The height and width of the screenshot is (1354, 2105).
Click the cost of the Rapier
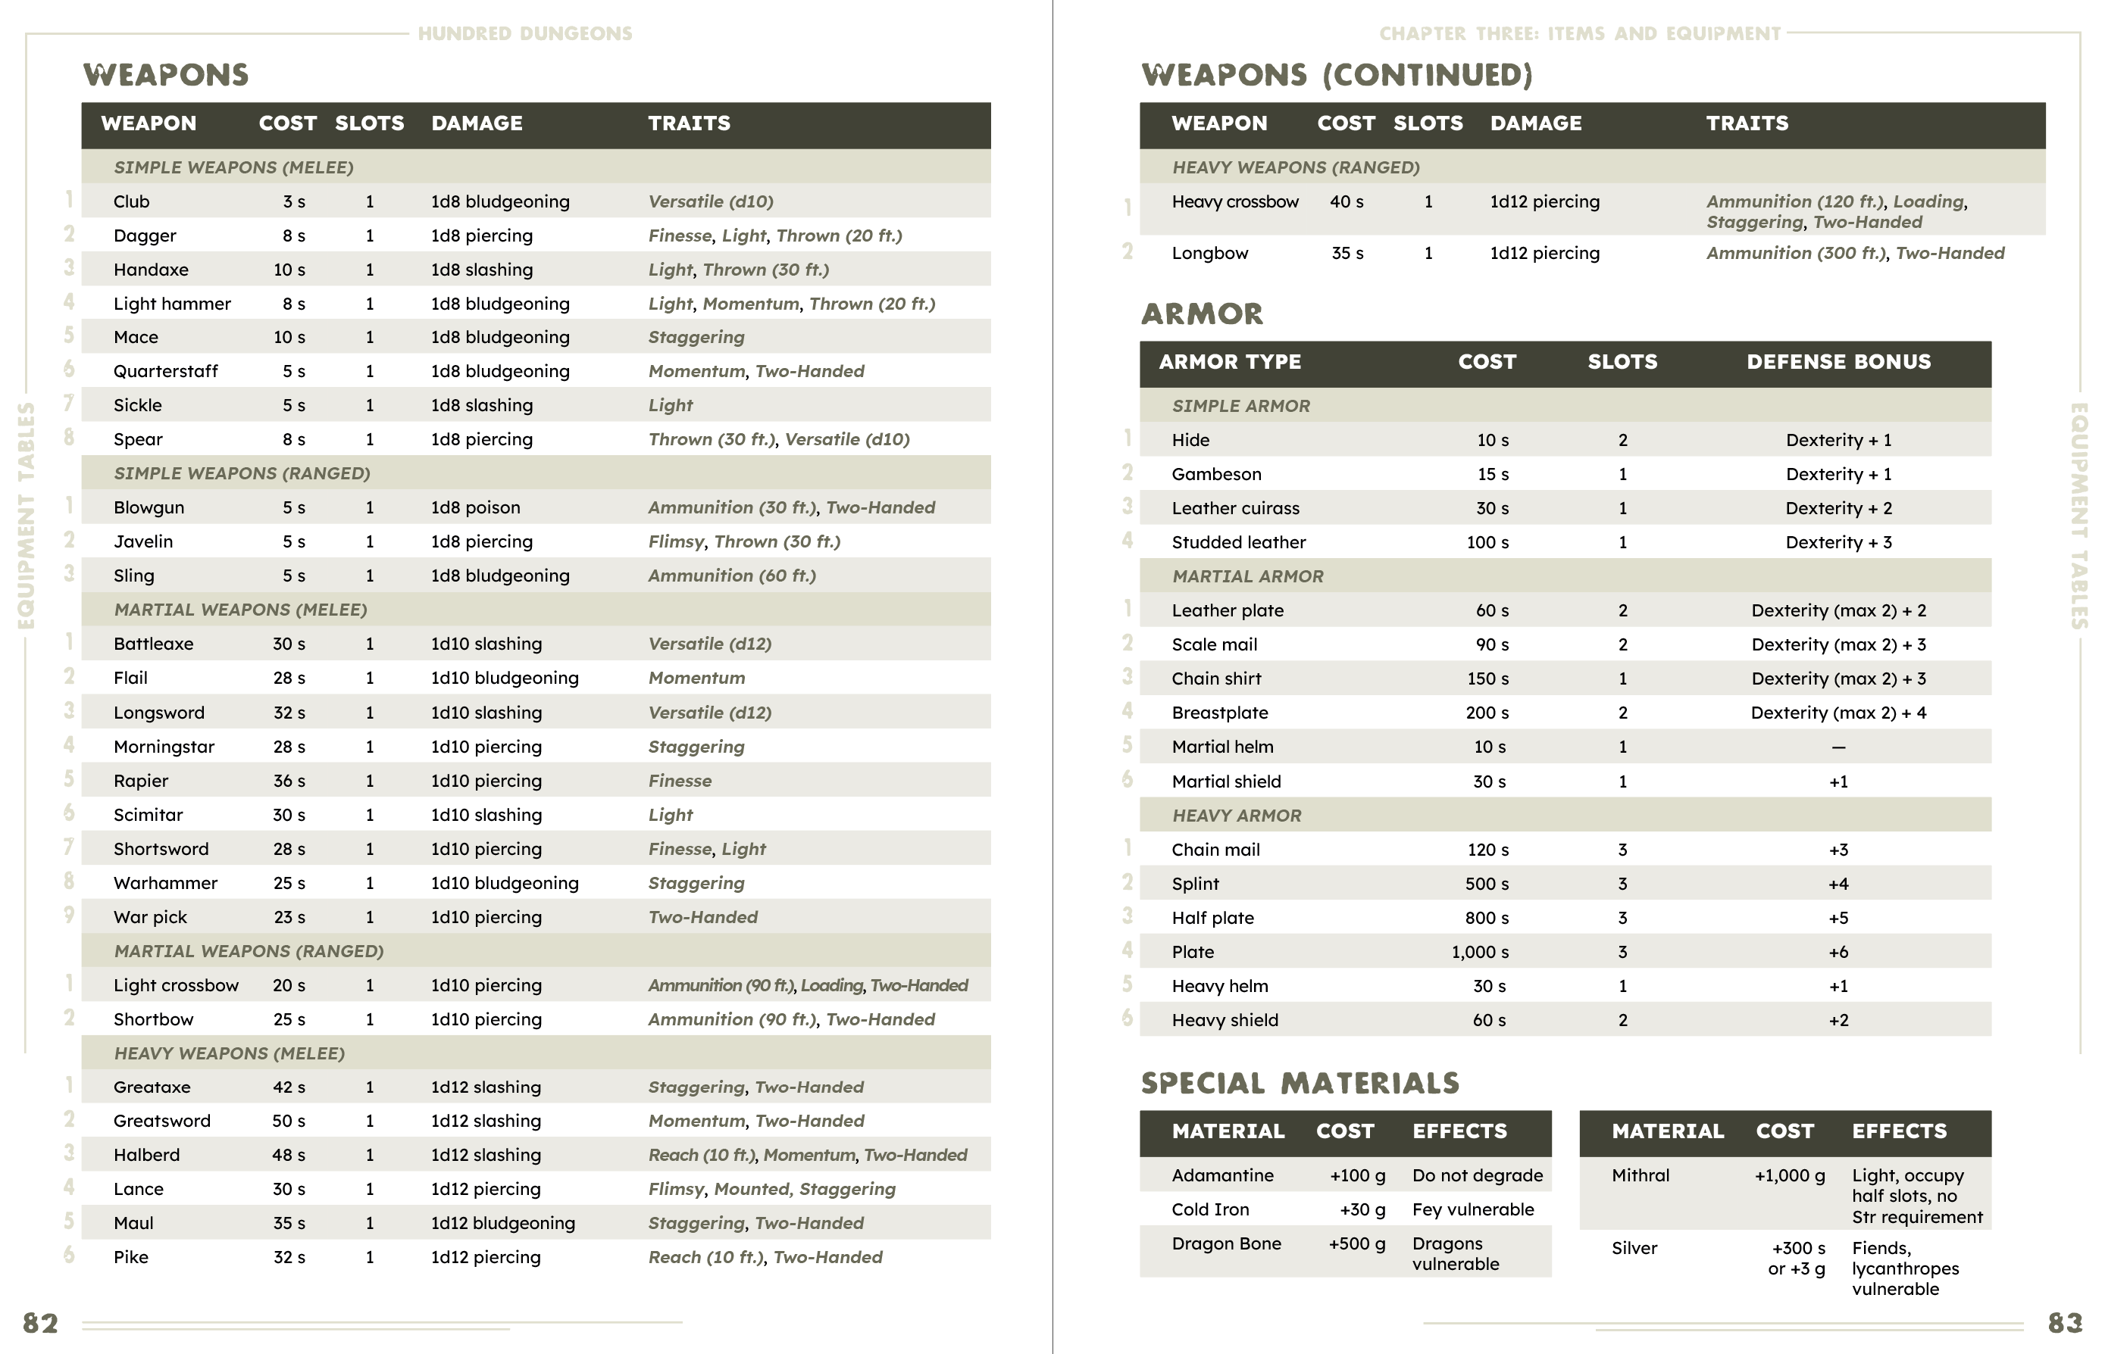point(289,781)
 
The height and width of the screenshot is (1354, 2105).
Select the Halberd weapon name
point(146,1156)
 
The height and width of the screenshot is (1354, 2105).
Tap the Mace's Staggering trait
point(696,338)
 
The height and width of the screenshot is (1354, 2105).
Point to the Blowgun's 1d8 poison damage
point(475,507)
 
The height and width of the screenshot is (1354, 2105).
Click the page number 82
point(40,1323)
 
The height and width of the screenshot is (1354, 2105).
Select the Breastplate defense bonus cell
point(1838,713)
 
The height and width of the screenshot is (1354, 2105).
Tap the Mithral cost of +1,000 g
point(1789,1175)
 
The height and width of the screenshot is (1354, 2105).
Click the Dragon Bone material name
point(1225,1244)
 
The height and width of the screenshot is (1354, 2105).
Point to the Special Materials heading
point(1300,1083)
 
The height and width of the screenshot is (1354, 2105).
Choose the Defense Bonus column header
point(1838,362)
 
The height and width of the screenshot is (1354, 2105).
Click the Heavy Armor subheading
point(1236,816)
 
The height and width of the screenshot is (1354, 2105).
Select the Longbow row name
point(1209,253)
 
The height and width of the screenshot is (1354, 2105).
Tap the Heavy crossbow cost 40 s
point(1346,202)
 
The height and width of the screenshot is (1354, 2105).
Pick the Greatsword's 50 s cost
point(289,1121)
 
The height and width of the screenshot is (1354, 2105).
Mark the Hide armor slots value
point(1622,441)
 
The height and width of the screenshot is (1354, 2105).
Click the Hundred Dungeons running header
point(524,33)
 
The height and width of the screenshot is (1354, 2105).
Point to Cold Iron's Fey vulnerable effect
point(1472,1210)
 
